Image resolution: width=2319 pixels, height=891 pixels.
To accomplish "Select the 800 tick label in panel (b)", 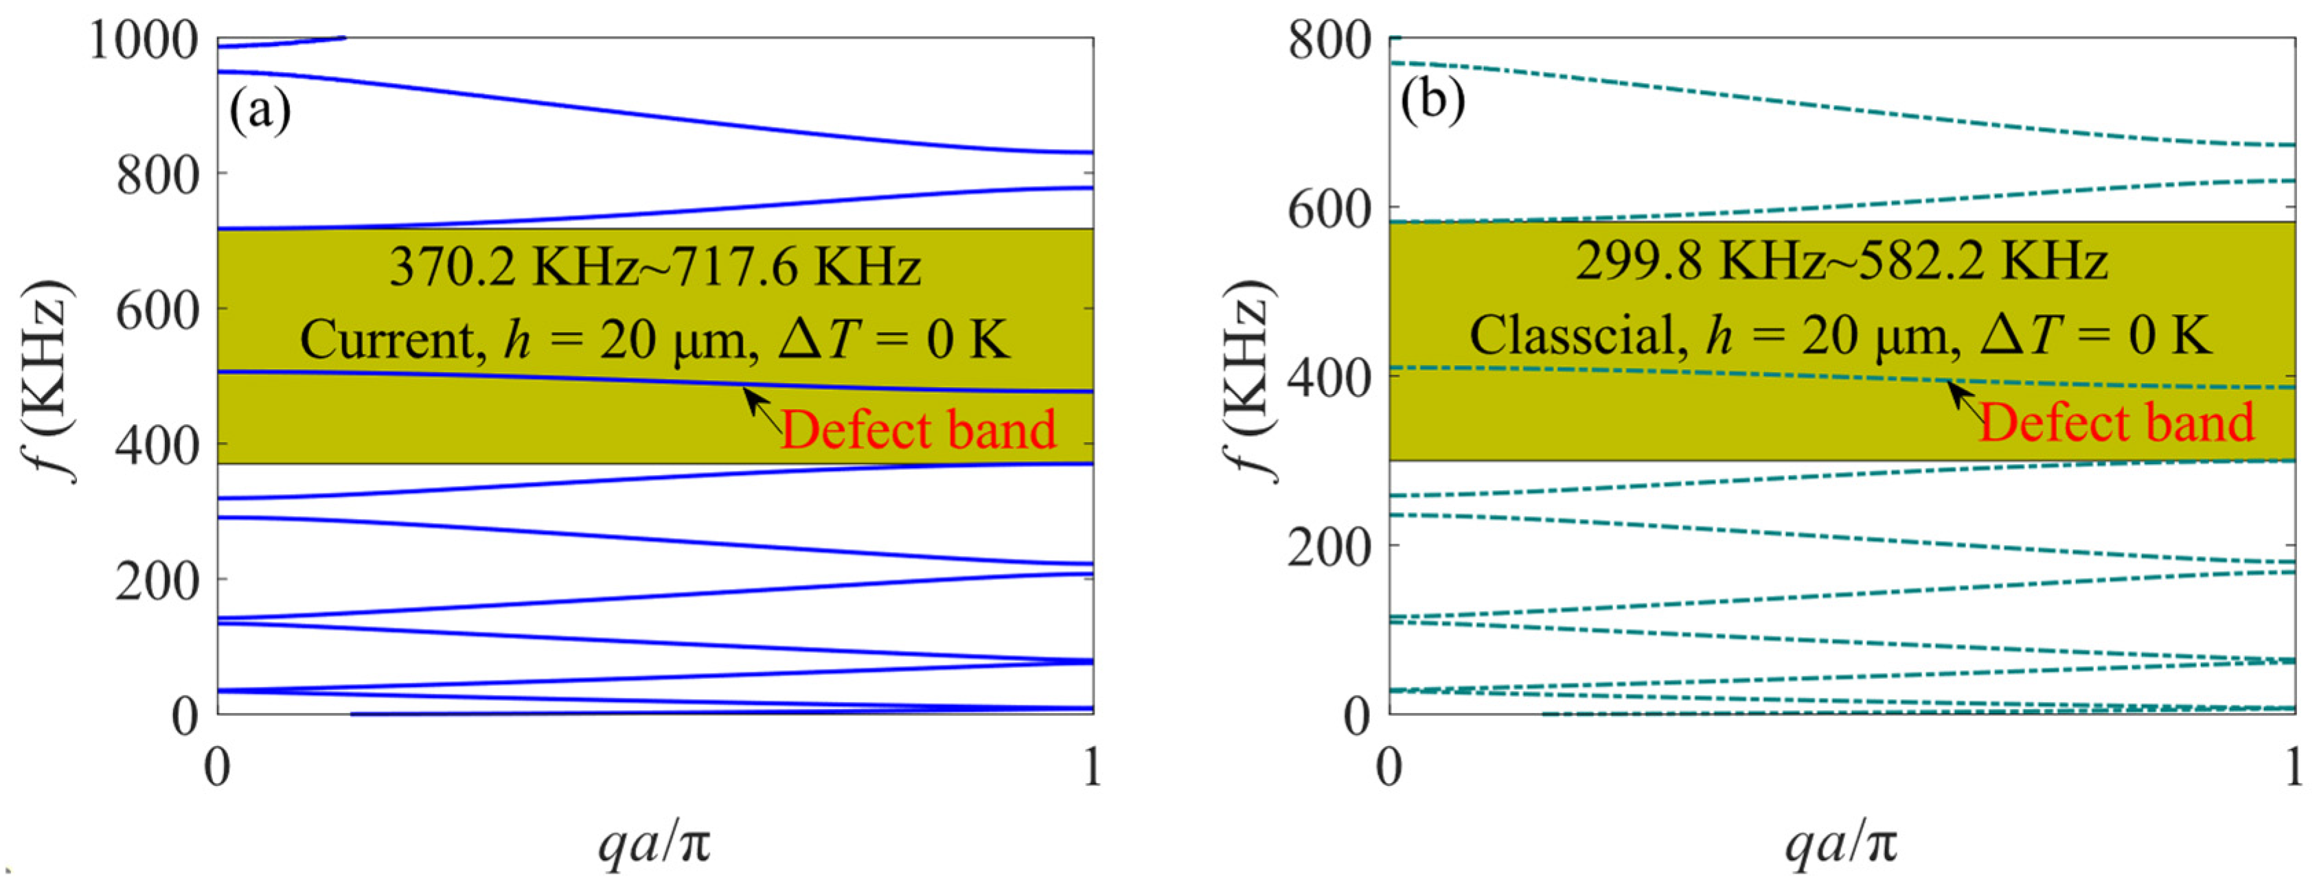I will tap(1329, 40).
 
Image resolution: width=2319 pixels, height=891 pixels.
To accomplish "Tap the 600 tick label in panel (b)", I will tap(1329, 209).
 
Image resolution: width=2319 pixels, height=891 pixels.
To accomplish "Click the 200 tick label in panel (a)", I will tap(157, 581).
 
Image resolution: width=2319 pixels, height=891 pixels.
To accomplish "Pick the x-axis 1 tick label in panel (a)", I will tap(1092, 767).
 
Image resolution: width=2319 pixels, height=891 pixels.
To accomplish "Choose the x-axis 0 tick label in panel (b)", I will tap(1389, 767).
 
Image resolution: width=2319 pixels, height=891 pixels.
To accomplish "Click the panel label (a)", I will tap(260, 111).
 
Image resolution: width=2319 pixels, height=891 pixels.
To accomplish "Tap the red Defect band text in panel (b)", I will tap(2116, 422).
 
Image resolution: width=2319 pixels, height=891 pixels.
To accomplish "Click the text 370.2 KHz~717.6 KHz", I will tap(654, 267).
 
